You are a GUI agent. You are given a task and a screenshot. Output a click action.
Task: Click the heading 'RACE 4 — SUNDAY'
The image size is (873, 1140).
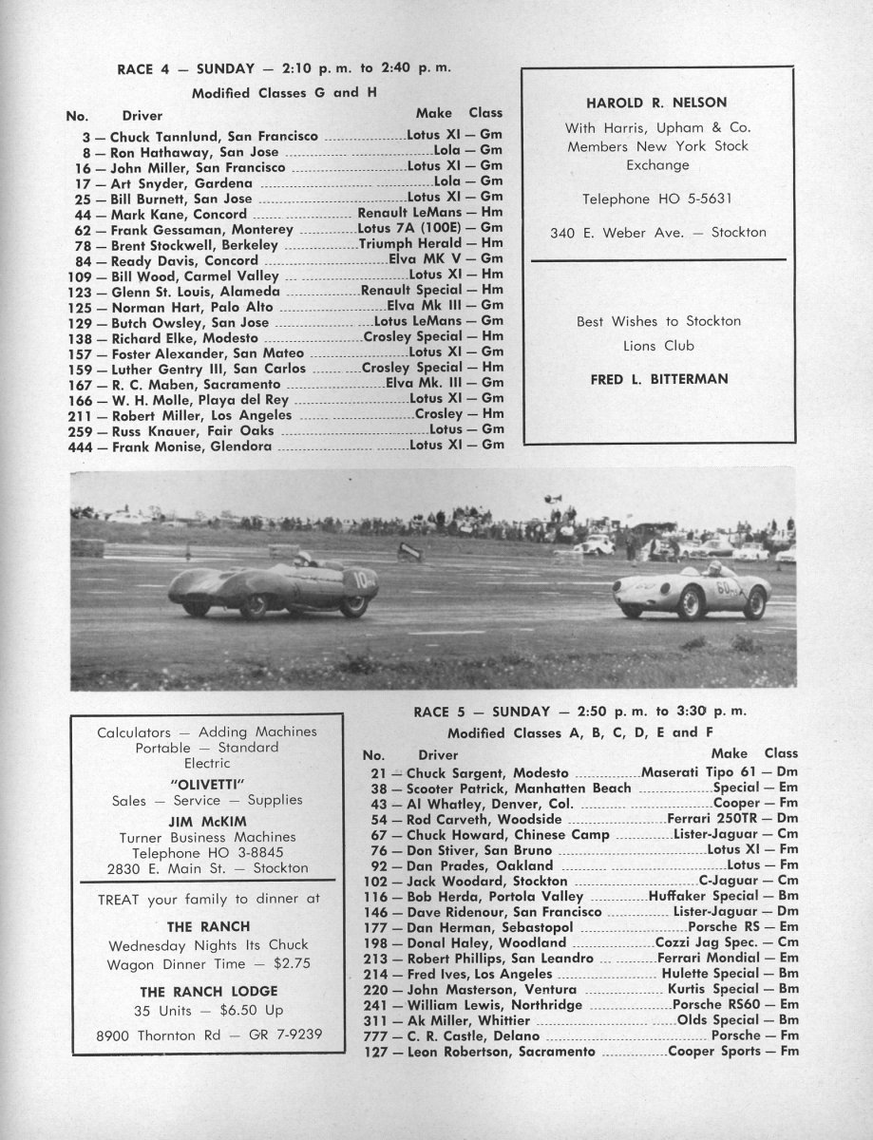[185, 68]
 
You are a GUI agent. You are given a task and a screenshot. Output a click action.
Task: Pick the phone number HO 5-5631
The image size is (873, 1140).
[697, 199]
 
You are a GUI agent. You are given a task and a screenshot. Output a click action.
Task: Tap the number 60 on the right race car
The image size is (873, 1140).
[725, 586]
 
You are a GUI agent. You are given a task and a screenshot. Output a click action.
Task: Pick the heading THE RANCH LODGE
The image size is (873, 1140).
[206, 991]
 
